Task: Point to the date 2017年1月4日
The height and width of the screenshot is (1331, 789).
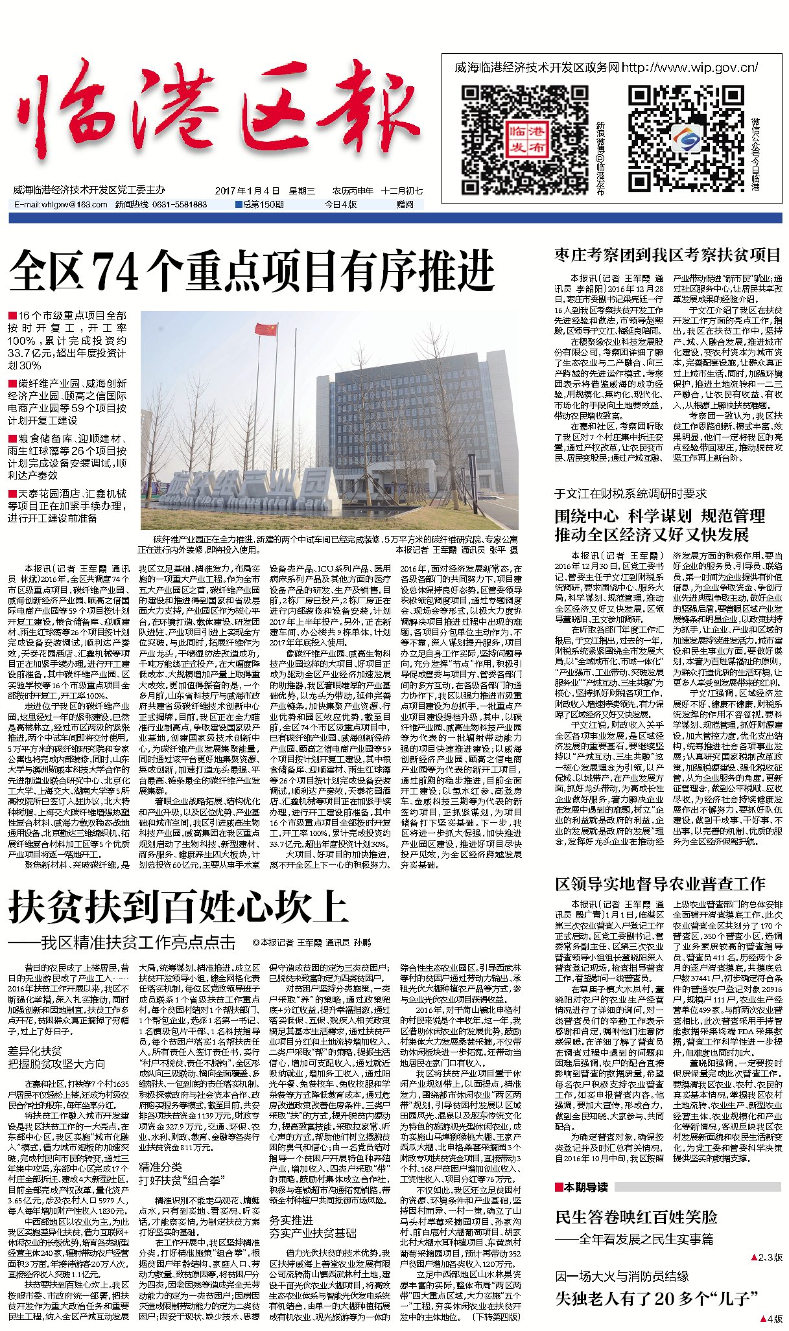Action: [x=247, y=191]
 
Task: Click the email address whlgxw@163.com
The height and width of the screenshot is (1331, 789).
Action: [x=61, y=205]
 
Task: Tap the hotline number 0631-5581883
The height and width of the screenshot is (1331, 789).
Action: [x=178, y=205]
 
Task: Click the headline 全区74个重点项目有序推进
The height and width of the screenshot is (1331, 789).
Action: [x=253, y=270]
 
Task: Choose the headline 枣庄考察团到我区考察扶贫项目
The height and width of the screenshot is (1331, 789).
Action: [x=668, y=255]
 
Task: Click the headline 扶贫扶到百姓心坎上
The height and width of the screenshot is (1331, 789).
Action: [x=178, y=907]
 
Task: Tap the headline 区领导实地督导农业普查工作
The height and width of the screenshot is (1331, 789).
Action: [x=660, y=884]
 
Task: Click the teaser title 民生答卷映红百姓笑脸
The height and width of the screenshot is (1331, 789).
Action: [x=636, y=1217]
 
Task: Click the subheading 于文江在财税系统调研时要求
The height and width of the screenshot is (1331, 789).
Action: [x=630, y=494]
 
